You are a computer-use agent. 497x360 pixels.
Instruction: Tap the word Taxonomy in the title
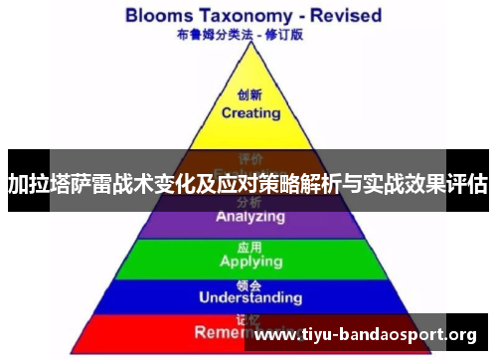[252, 16]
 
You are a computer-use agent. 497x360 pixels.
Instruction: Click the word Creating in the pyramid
[250, 112]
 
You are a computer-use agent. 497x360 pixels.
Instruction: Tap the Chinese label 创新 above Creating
[250, 96]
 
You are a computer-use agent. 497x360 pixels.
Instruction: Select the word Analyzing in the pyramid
[250, 217]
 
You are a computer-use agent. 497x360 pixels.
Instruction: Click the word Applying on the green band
[250, 262]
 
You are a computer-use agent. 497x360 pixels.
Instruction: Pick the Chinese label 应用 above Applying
[250, 246]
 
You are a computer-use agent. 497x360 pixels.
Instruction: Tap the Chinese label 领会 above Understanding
[249, 283]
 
